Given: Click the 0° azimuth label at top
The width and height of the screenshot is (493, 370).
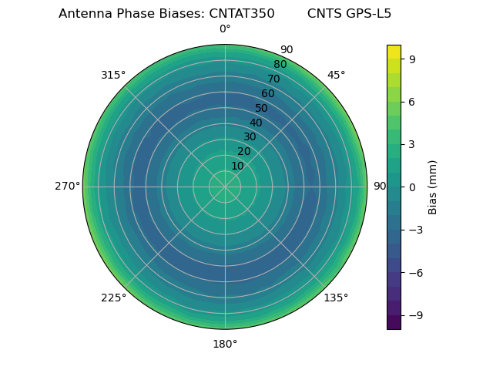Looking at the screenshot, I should (x=225, y=29).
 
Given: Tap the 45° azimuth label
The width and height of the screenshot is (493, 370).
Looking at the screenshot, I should (x=336, y=75).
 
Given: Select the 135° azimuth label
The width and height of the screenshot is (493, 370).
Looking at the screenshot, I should (x=336, y=298).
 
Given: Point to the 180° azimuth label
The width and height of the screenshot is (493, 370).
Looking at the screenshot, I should (x=225, y=344).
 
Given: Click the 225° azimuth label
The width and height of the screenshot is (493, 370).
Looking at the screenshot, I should (x=113, y=298).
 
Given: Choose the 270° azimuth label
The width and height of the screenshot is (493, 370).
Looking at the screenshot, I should (x=67, y=186).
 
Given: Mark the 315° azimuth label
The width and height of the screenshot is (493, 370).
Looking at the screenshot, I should (x=113, y=75).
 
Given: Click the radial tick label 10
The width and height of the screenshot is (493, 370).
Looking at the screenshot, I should (x=237, y=166).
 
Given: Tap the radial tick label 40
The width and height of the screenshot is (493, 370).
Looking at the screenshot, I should (x=256, y=123).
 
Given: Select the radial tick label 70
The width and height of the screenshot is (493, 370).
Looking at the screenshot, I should (x=273, y=79).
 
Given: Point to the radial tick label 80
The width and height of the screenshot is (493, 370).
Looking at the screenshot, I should (x=280, y=65).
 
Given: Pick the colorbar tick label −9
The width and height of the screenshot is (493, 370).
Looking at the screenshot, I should (x=415, y=315).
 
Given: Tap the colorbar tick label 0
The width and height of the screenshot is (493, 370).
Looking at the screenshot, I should (x=412, y=187).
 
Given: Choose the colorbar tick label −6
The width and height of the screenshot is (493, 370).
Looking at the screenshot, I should (x=415, y=273).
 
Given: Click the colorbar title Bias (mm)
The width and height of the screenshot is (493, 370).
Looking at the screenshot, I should (x=433, y=187).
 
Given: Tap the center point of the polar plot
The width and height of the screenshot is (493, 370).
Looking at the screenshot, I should (x=225, y=187).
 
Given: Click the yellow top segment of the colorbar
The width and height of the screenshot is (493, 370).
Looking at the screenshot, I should (x=394, y=52).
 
